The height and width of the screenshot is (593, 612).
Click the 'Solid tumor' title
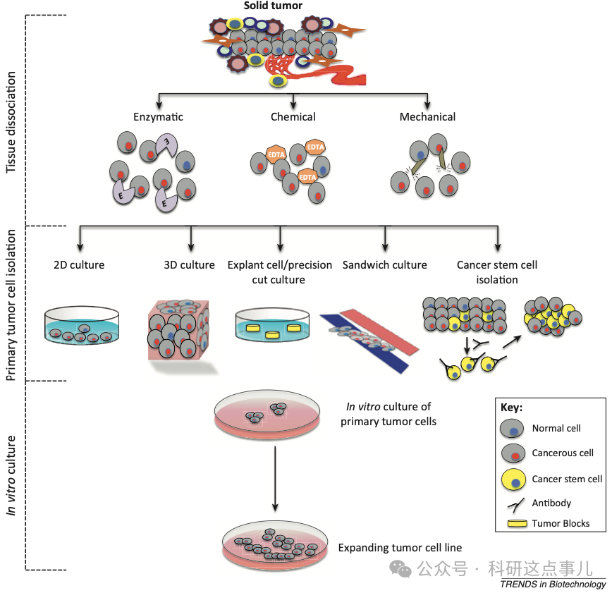pyautogui.click(x=273, y=6)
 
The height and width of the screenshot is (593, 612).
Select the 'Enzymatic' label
pyautogui.click(x=158, y=117)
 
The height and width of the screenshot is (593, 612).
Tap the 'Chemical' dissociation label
pyautogui.click(x=293, y=117)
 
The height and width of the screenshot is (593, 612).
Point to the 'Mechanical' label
pyautogui.click(x=427, y=117)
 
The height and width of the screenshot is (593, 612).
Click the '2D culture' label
pyautogui.click(x=79, y=265)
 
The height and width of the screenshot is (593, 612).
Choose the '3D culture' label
pyautogui.click(x=189, y=265)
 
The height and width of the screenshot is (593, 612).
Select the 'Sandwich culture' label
pyautogui.click(x=384, y=265)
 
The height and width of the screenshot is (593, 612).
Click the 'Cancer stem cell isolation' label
pyautogui.click(x=497, y=272)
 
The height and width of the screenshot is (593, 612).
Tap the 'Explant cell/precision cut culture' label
pyautogui.click(x=280, y=272)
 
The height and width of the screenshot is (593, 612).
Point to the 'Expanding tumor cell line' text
pyautogui.click(x=400, y=547)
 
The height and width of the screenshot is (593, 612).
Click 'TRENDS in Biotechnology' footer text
pyautogui.click(x=553, y=584)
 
